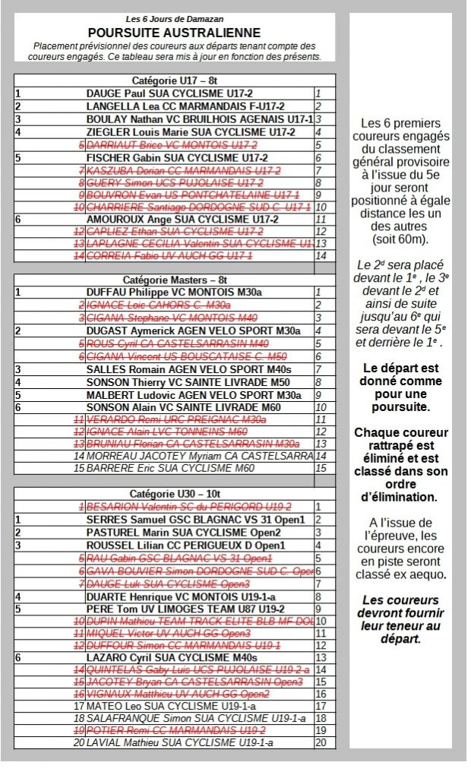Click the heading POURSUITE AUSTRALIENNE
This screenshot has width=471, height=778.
[x=174, y=33]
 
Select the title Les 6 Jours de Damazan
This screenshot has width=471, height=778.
[x=174, y=18]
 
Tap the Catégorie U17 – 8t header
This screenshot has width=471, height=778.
[x=175, y=80]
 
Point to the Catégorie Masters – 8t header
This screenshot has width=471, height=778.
[x=175, y=280]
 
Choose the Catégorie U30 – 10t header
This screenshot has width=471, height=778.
[x=175, y=494]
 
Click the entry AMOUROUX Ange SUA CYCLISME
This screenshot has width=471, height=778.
[x=182, y=219]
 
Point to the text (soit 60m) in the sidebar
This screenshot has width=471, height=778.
[x=401, y=239]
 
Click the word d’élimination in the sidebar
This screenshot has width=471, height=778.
[x=401, y=498]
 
